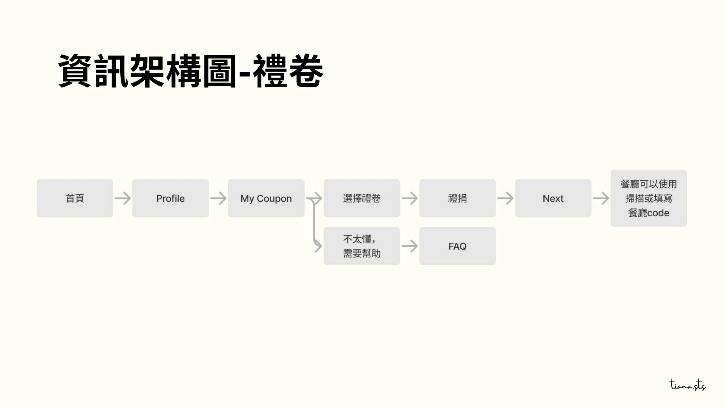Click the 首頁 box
click(x=75, y=198)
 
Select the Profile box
click(x=170, y=198)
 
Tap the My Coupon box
click(x=266, y=198)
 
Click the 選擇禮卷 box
click(x=362, y=198)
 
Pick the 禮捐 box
click(x=457, y=198)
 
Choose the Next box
click(x=553, y=198)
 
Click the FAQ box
click(x=457, y=246)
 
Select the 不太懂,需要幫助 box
click(x=362, y=246)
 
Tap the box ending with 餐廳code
click(x=649, y=198)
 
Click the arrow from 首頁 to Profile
click(x=123, y=198)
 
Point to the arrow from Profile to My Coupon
click(x=218, y=198)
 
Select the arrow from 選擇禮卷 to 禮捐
click(x=410, y=198)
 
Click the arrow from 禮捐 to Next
click(x=505, y=198)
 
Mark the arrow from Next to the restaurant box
click(x=601, y=198)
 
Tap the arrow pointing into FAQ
click(x=410, y=246)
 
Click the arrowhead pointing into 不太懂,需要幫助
click(x=319, y=246)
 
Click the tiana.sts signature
click(x=688, y=385)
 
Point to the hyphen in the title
click(x=245, y=72)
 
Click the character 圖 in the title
click(x=220, y=71)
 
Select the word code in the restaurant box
click(x=658, y=213)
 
